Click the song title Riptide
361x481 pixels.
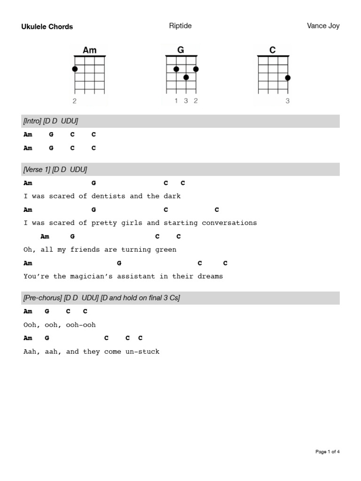pyautogui.click(x=180, y=26)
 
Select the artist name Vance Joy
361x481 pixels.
pyautogui.click(x=323, y=26)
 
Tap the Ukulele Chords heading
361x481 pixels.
pyautogui.click(x=47, y=27)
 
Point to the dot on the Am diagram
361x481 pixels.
pyautogui.click(x=75, y=69)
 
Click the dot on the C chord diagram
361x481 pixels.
pyautogui.click(x=288, y=78)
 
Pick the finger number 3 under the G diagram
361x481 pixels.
pyautogui.click(x=186, y=101)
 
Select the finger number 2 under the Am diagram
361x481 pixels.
pyautogui.click(x=75, y=101)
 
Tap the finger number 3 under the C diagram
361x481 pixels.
pyautogui.click(x=288, y=101)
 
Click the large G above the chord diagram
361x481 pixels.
pyautogui.click(x=180, y=50)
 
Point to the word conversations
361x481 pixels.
pyautogui.click(x=229, y=223)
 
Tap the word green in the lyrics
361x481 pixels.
pyautogui.click(x=166, y=249)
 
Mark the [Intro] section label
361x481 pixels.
pyautogui.click(x=31, y=121)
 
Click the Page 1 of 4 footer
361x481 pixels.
pyautogui.click(x=327, y=452)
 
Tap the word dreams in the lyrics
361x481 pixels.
pyautogui.click(x=210, y=276)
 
